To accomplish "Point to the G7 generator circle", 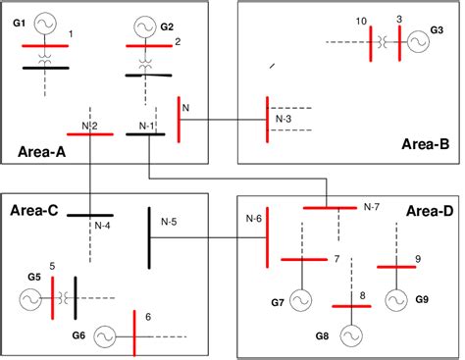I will [300, 299].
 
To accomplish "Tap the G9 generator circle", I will [396, 297].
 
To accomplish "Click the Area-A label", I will [43, 151].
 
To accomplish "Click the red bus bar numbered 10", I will [370, 43].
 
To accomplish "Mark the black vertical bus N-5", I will [149, 237].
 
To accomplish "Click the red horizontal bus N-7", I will [329, 207].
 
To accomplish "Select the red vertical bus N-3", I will [268, 122].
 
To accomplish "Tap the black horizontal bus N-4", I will [90, 215].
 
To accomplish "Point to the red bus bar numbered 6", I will [134, 335].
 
